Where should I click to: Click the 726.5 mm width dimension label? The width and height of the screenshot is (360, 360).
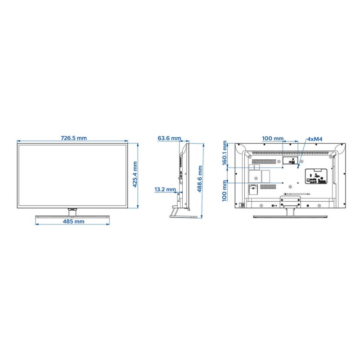74,138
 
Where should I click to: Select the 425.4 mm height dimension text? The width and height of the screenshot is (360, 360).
135,174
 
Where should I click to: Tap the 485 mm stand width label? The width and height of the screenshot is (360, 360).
73,221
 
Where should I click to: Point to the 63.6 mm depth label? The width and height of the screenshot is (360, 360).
169,138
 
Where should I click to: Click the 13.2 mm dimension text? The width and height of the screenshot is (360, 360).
165,189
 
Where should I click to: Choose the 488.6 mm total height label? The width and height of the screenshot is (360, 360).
200,179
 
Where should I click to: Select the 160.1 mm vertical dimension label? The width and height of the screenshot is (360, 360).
225,153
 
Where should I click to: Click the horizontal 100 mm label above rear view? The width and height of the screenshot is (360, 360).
273,139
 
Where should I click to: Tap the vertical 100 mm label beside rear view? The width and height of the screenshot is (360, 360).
225,191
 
